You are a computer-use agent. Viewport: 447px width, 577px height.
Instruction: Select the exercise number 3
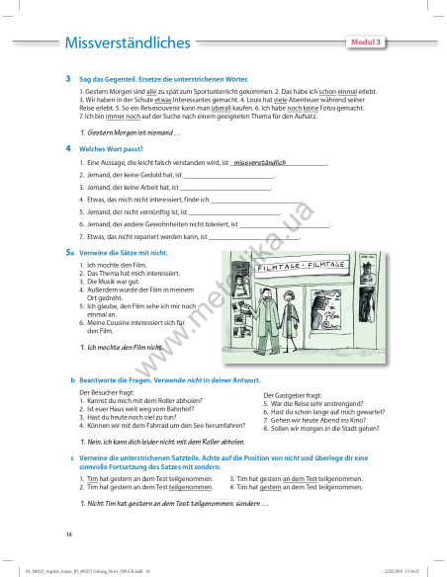tap(67, 78)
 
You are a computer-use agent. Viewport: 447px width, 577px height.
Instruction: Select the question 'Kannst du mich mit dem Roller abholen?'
tap(138, 403)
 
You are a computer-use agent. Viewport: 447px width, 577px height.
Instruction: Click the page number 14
tap(69, 534)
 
